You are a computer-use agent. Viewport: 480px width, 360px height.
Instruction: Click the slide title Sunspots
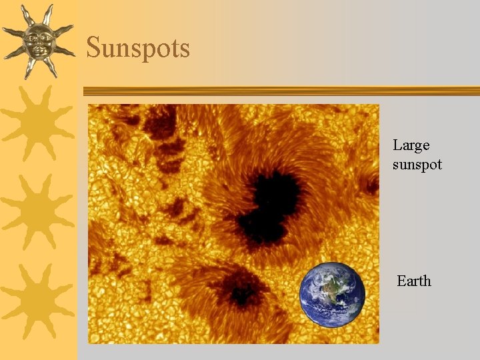pyautogui.click(x=138, y=48)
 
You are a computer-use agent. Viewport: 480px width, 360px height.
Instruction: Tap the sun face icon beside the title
pyautogui.click(x=38, y=41)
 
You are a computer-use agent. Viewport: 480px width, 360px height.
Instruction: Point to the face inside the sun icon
pyautogui.click(x=37, y=41)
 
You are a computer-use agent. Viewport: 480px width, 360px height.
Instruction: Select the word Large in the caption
pyautogui.click(x=411, y=145)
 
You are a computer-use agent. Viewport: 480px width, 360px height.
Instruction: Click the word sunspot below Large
pyautogui.click(x=417, y=164)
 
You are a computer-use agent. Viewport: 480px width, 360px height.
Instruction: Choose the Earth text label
pyautogui.click(x=414, y=281)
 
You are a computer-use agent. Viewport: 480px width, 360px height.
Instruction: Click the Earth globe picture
pyautogui.click(x=332, y=295)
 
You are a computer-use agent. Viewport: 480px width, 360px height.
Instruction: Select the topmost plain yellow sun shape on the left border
pyautogui.click(x=38, y=123)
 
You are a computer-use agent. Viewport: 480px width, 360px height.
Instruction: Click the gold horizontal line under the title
pyautogui.click(x=280, y=91)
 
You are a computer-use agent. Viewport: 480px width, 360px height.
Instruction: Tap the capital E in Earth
pyautogui.click(x=401, y=281)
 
